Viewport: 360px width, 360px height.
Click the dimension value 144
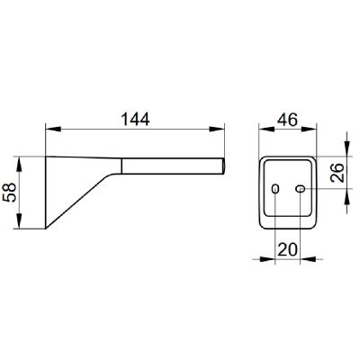coord(135,120)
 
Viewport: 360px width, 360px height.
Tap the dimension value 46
coord(287,120)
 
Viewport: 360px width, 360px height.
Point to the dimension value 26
coord(337,173)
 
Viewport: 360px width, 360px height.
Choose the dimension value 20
coord(287,249)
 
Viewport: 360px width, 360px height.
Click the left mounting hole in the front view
coord(274,189)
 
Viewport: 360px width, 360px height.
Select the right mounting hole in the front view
coord(301,189)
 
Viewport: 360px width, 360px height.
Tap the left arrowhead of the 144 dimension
coord(53,129)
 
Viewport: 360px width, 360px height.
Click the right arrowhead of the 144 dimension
coord(217,129)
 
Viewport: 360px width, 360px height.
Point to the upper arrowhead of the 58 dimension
coord(19,164)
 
